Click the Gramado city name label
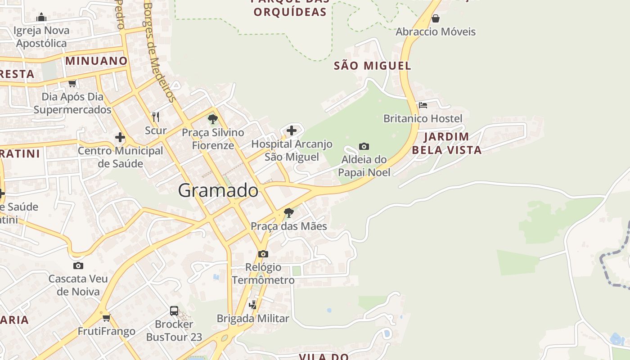coord(218,191)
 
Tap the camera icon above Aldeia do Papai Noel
coord(364,146)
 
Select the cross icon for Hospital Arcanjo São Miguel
coord(292,130)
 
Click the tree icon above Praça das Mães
coord(289,212)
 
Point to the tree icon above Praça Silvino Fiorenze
coord(213,119)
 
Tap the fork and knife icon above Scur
coord(156,117)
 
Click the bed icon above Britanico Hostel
coord(423,105)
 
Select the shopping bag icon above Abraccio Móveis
coord(435,18)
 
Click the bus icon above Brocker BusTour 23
coord(174,310)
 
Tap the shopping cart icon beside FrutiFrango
coord(107,318)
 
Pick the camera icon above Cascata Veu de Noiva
coord(78,265)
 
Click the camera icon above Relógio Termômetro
coord(263,254)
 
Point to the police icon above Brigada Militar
coord(253,305)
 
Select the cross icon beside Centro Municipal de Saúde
coord(120,137)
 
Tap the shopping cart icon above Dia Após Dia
coord(72,83)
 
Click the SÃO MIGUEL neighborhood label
coord(372,66)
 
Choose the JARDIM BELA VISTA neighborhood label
coord(447,143)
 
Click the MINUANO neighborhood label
coord(96,61)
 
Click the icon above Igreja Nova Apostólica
coord(41,18)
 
